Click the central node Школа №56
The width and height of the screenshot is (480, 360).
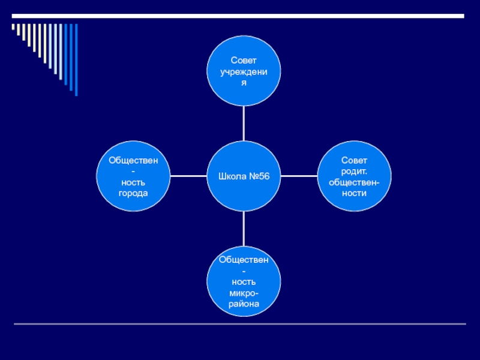point(244,176)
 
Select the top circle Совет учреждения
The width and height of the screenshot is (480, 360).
point(244,71)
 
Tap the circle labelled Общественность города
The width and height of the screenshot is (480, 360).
point(133,176)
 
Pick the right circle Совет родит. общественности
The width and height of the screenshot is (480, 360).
point(354,176)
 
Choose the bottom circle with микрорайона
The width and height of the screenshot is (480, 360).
point(244,282)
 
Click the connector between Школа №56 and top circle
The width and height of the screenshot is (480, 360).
point(244,124)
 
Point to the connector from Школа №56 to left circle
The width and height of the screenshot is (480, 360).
point(188,176)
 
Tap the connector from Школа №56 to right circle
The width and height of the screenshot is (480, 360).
point(299,176)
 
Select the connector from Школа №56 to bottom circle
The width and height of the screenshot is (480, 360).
point(244,229)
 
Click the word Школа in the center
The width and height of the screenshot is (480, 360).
point(232,177)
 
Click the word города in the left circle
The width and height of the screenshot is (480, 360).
point(133,193)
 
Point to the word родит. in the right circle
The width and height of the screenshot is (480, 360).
point(354,171)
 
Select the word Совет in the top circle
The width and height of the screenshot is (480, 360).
point(244,61)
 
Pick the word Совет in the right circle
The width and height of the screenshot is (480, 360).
point(354,161)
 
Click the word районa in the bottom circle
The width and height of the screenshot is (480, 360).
point(244,304)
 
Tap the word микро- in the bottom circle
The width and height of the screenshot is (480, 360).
point(244,293)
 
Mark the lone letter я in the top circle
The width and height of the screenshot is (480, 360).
point(244,82)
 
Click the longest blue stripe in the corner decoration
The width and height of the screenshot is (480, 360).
point(76,59)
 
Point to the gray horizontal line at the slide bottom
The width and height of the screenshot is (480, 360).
point(240,325)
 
